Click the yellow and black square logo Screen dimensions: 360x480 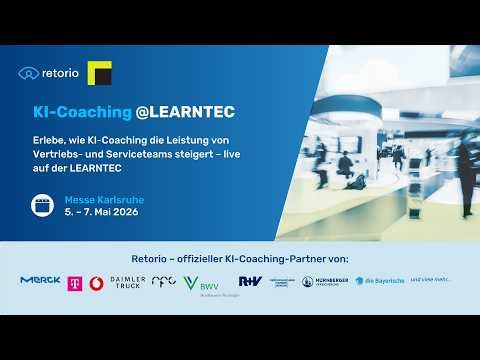[99, 73]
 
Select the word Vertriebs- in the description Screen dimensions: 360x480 [59, 154]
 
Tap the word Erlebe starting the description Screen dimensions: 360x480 [48, 140]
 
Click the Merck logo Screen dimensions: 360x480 [40, 281]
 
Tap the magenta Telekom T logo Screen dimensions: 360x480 [74, 283]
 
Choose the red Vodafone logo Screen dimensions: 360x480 [96, 283]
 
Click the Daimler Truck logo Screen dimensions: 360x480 [128, 283]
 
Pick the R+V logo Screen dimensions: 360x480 [250, 281]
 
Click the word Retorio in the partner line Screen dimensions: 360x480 [149, 259]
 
